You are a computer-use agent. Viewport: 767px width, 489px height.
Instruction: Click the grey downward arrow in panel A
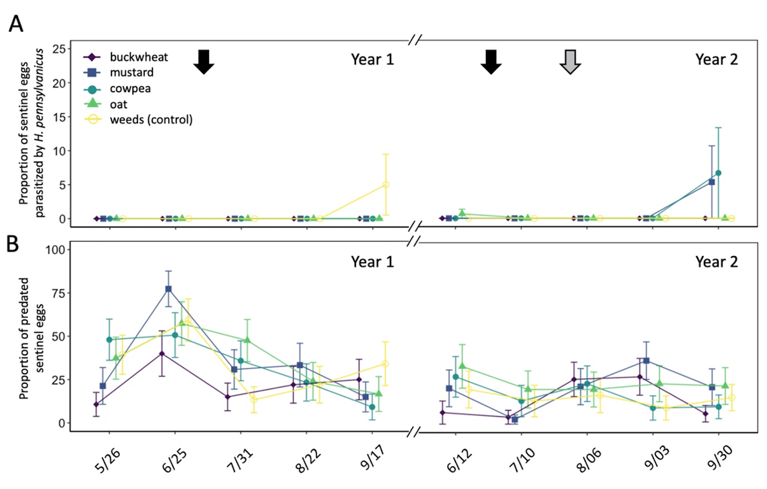(x=570, y=62)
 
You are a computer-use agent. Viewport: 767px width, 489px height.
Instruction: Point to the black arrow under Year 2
(x=491, y=62)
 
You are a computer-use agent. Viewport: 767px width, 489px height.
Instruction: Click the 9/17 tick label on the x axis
(x=373, y=459)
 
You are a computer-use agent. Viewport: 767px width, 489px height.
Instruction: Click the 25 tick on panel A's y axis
(x=59, y=49)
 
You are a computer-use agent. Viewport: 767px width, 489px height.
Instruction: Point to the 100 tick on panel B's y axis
(x=55, y=250)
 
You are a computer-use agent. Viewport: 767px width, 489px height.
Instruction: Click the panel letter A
(x=16, y=24)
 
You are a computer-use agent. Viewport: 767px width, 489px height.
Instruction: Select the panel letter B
(x=13, y=244)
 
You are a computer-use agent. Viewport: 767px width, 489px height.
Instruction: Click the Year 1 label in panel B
(x=372, y=262)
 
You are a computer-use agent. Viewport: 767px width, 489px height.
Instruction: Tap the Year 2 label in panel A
(x=716, y=60)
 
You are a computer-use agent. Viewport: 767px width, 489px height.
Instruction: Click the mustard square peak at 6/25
(x=168, y=289)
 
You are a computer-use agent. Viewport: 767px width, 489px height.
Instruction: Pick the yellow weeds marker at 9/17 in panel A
(x=386, y=185)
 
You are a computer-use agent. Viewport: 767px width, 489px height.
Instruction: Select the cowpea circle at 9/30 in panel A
(x=718, y=173)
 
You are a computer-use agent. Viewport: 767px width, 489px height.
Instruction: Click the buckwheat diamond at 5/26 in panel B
(x=96, y=404)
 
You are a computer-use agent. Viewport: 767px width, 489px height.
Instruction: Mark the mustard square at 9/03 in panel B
(x=646, y=361)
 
